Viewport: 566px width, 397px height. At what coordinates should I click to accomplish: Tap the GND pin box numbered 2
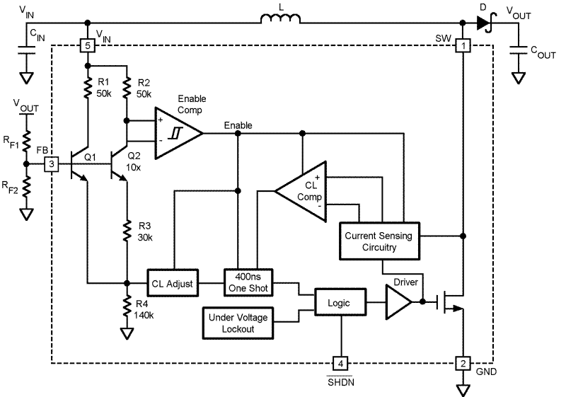pos(462,364)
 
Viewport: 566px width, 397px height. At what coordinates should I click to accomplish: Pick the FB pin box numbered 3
pos(51,164)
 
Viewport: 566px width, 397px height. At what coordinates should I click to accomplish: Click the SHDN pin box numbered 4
pos(342,364)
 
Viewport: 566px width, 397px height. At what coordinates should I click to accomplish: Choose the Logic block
pos(341,302)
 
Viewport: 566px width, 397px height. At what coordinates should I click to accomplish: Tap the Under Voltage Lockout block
pos(237,323)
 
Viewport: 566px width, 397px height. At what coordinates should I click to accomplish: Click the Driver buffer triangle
pos(398,301)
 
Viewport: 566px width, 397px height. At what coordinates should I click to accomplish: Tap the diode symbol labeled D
pos(484,23)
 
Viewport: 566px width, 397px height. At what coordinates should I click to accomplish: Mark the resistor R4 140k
pos(127,307)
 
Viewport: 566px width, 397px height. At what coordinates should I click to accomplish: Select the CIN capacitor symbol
pos(26,50)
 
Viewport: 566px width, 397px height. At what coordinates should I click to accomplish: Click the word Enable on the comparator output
pos(238,125)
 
